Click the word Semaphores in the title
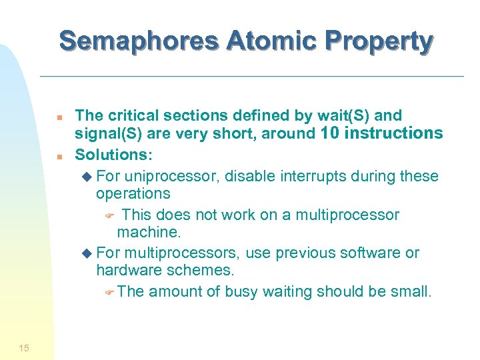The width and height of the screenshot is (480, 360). coord(139,41)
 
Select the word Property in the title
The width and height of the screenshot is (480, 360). coord(377,41)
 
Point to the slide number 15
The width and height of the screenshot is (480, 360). coord(24,347)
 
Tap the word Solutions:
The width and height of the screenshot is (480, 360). coord(113,155)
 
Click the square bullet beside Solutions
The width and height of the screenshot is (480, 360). coord(59,157)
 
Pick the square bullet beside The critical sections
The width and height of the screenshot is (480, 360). coord(59,118)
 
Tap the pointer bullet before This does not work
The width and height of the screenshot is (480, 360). coord(111,216)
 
